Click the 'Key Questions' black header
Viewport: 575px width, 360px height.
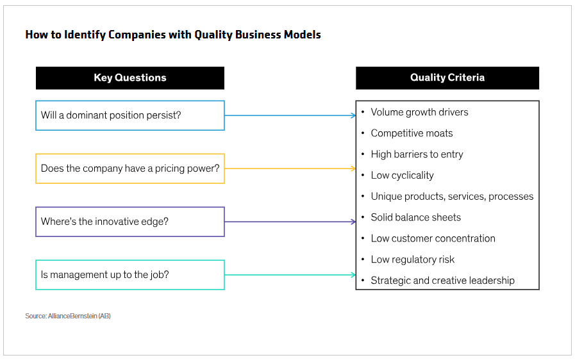(x=130, y=78)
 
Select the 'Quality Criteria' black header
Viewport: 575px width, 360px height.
(x=447, y=78)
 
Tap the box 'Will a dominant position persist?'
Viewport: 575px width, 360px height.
(x=130, y=115)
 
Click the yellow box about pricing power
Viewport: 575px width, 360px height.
(x=130, y=168)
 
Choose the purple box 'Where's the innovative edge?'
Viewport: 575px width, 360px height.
(x=130, y=222)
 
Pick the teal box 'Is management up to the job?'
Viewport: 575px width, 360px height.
(x=130, y=275)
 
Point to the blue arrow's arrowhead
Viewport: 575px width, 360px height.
(x=353, y=115)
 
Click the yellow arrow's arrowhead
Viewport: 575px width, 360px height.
(x=353, y=168)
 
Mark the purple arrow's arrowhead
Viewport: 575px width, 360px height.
(x=353, y=222)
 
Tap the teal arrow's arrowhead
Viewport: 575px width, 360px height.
(x=353, y=275)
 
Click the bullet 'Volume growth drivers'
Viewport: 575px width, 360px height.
(x=419, y=112)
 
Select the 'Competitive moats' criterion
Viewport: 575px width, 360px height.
(x=412, y=133)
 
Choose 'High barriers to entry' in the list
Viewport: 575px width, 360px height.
(x=417, y=154)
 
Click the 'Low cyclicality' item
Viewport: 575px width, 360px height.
(x=402, y=176)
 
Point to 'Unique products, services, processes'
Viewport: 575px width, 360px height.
(x=452, y=197)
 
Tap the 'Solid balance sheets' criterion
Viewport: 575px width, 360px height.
(x=415, y=218)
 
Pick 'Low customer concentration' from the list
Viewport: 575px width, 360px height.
(x=433, y=238)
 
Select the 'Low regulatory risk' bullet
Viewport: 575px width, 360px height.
(x=412, y=259)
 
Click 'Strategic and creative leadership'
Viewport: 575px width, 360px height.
(x=442, y=281)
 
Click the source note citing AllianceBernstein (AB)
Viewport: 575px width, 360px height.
(x=68, y=316)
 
